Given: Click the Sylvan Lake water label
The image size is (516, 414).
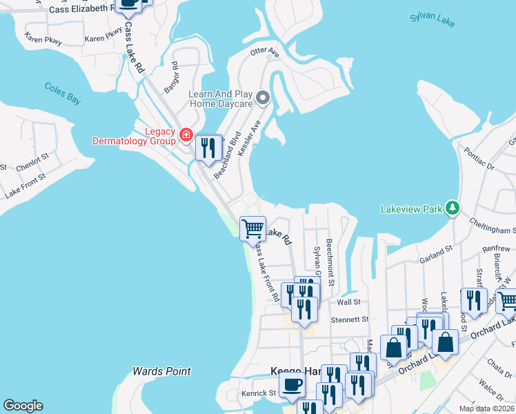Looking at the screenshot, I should pos(432,19).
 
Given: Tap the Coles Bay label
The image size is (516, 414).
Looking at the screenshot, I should pos(63,93).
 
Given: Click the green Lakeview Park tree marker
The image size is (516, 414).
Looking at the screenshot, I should pos(453,208).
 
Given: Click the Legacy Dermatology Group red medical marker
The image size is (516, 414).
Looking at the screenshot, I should pos(185,135).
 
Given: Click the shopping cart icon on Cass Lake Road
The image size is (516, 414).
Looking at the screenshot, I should pos(253,228).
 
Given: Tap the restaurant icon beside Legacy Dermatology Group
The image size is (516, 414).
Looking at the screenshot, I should pos(206,147).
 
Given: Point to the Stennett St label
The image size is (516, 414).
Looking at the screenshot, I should pos(353,319).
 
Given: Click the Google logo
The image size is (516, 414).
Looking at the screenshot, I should pos(23,406).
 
